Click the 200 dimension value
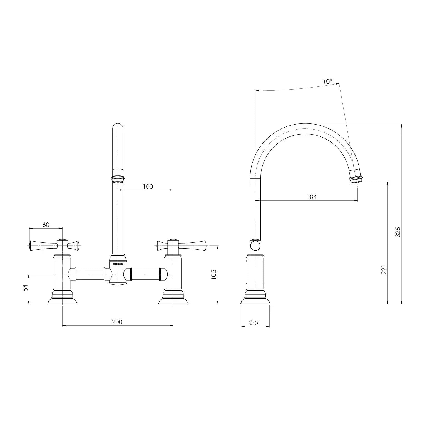117,322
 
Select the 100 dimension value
148,187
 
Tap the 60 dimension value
46,225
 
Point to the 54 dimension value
25,288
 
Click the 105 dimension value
213,274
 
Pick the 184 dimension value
311,197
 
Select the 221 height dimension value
384,270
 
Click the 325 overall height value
398,232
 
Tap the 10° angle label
327,82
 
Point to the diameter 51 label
255,322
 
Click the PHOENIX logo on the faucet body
118,264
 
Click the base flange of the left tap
62,301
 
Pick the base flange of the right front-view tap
173,301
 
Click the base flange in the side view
255,301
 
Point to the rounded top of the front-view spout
118,126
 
